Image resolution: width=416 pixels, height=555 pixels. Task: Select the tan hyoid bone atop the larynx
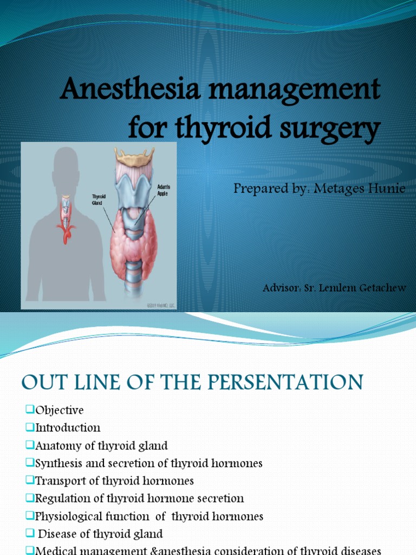tap(134, 157)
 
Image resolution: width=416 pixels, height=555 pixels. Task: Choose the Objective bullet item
tap(60, 410)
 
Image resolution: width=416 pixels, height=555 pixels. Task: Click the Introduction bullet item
tap(68, 428)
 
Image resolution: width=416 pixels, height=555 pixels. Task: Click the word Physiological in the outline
tap(68, 516)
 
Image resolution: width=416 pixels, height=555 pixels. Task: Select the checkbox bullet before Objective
tap(29, 409)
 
